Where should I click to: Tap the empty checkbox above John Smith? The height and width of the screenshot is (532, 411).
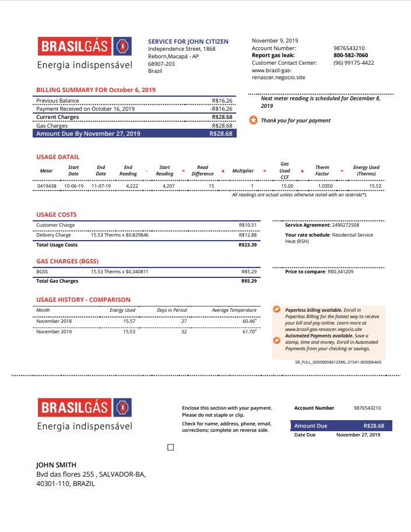[170, 447]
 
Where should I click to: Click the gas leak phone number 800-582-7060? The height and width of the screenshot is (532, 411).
[350, 55]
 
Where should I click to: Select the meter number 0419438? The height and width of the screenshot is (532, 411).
[47, 186]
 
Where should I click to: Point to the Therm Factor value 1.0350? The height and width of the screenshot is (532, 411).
[325, 186]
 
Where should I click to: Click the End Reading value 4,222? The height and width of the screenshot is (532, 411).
[132, 186]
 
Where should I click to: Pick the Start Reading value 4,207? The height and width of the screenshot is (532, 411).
[168, 186]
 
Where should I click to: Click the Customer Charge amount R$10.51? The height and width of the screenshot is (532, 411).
[247, 225]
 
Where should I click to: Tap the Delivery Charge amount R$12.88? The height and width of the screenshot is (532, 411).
[247, 235]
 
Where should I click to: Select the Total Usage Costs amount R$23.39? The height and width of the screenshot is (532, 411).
[247, 245]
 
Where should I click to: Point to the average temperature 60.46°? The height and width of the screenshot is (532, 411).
[249, 321]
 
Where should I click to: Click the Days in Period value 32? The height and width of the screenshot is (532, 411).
[184, 332]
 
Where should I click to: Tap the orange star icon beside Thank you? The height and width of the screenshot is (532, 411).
[253, 120]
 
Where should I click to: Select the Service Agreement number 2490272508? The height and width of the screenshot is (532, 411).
[345, 225]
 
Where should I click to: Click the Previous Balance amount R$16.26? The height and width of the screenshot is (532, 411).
[222, 101]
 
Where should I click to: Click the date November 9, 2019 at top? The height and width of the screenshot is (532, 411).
[275, 41]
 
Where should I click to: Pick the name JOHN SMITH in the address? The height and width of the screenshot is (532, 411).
[56, 465]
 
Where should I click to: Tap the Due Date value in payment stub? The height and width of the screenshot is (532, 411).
[358, 435]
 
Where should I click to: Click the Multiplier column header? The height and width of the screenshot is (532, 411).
[243, 171]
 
